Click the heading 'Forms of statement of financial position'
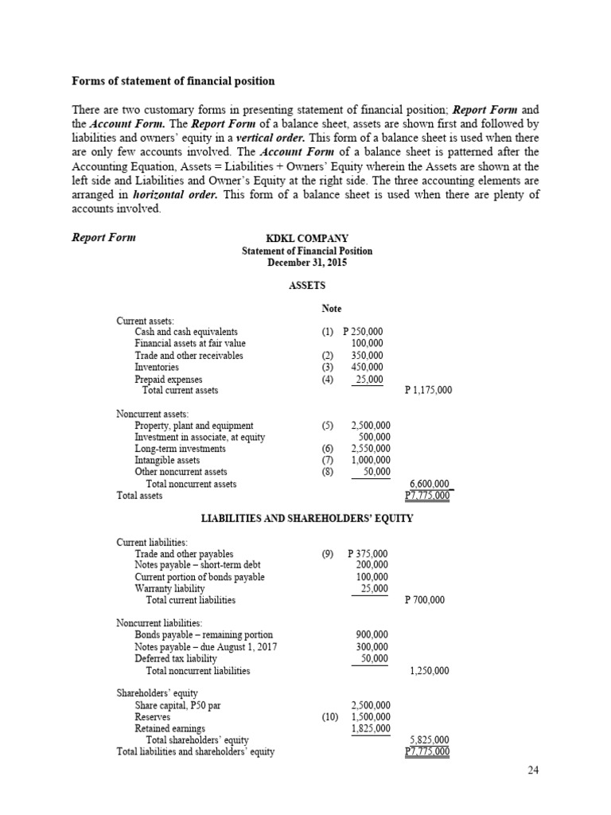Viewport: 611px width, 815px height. [173, 80]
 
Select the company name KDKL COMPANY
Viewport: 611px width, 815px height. [306, 238]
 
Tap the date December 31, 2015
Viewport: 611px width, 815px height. [306, 262]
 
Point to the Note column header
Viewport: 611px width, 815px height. [332, 309]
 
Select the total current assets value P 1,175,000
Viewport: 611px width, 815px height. [428, 391]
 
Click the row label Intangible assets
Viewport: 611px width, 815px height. [167, 460]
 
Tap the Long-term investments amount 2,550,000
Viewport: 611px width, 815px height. [370, 449]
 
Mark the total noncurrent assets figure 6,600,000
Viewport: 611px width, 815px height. [429, 484]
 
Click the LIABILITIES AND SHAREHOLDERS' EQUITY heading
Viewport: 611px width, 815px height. [306, 519]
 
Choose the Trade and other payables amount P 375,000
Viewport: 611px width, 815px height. [368, 554]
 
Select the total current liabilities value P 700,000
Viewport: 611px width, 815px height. [425, 600]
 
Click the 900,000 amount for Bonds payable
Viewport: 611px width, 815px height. [372, 635]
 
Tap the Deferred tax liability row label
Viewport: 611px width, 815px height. [175, 659]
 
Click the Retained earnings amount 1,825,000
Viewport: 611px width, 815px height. [370, 728]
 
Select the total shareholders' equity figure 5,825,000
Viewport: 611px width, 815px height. [429, 740]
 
